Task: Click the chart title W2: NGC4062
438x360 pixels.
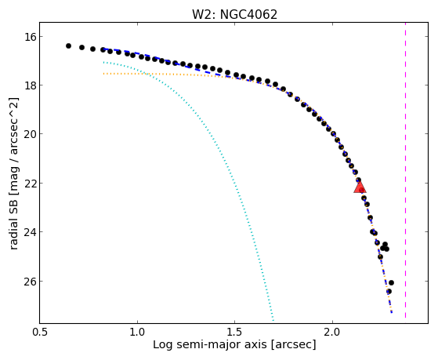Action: (234, 14)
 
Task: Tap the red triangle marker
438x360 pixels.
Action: (360, 187)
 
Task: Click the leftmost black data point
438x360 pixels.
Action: (68, 45)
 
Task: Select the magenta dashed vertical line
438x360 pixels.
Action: (405, 170)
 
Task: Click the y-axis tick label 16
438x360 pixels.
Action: (30, 37)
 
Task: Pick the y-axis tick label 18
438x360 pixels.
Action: (30, 85)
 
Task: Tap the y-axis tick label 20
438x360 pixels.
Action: (30, 134)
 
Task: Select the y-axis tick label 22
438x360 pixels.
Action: (30, 184)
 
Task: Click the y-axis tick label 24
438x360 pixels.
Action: (30, 232)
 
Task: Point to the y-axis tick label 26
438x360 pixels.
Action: (30, 281)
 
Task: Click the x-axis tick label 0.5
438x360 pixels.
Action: (40, 332)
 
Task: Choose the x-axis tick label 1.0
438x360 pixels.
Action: (137, 332)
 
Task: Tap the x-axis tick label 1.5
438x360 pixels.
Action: (234, 332)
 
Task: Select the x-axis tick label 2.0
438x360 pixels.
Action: (332, 332)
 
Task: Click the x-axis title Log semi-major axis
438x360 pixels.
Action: (210, 344)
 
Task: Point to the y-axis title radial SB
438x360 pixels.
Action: (13, 221)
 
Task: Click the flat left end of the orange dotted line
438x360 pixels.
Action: (103, 74)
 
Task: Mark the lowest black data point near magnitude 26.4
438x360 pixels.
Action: (389, 292)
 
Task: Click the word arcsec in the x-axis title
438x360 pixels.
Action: (294, 344)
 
